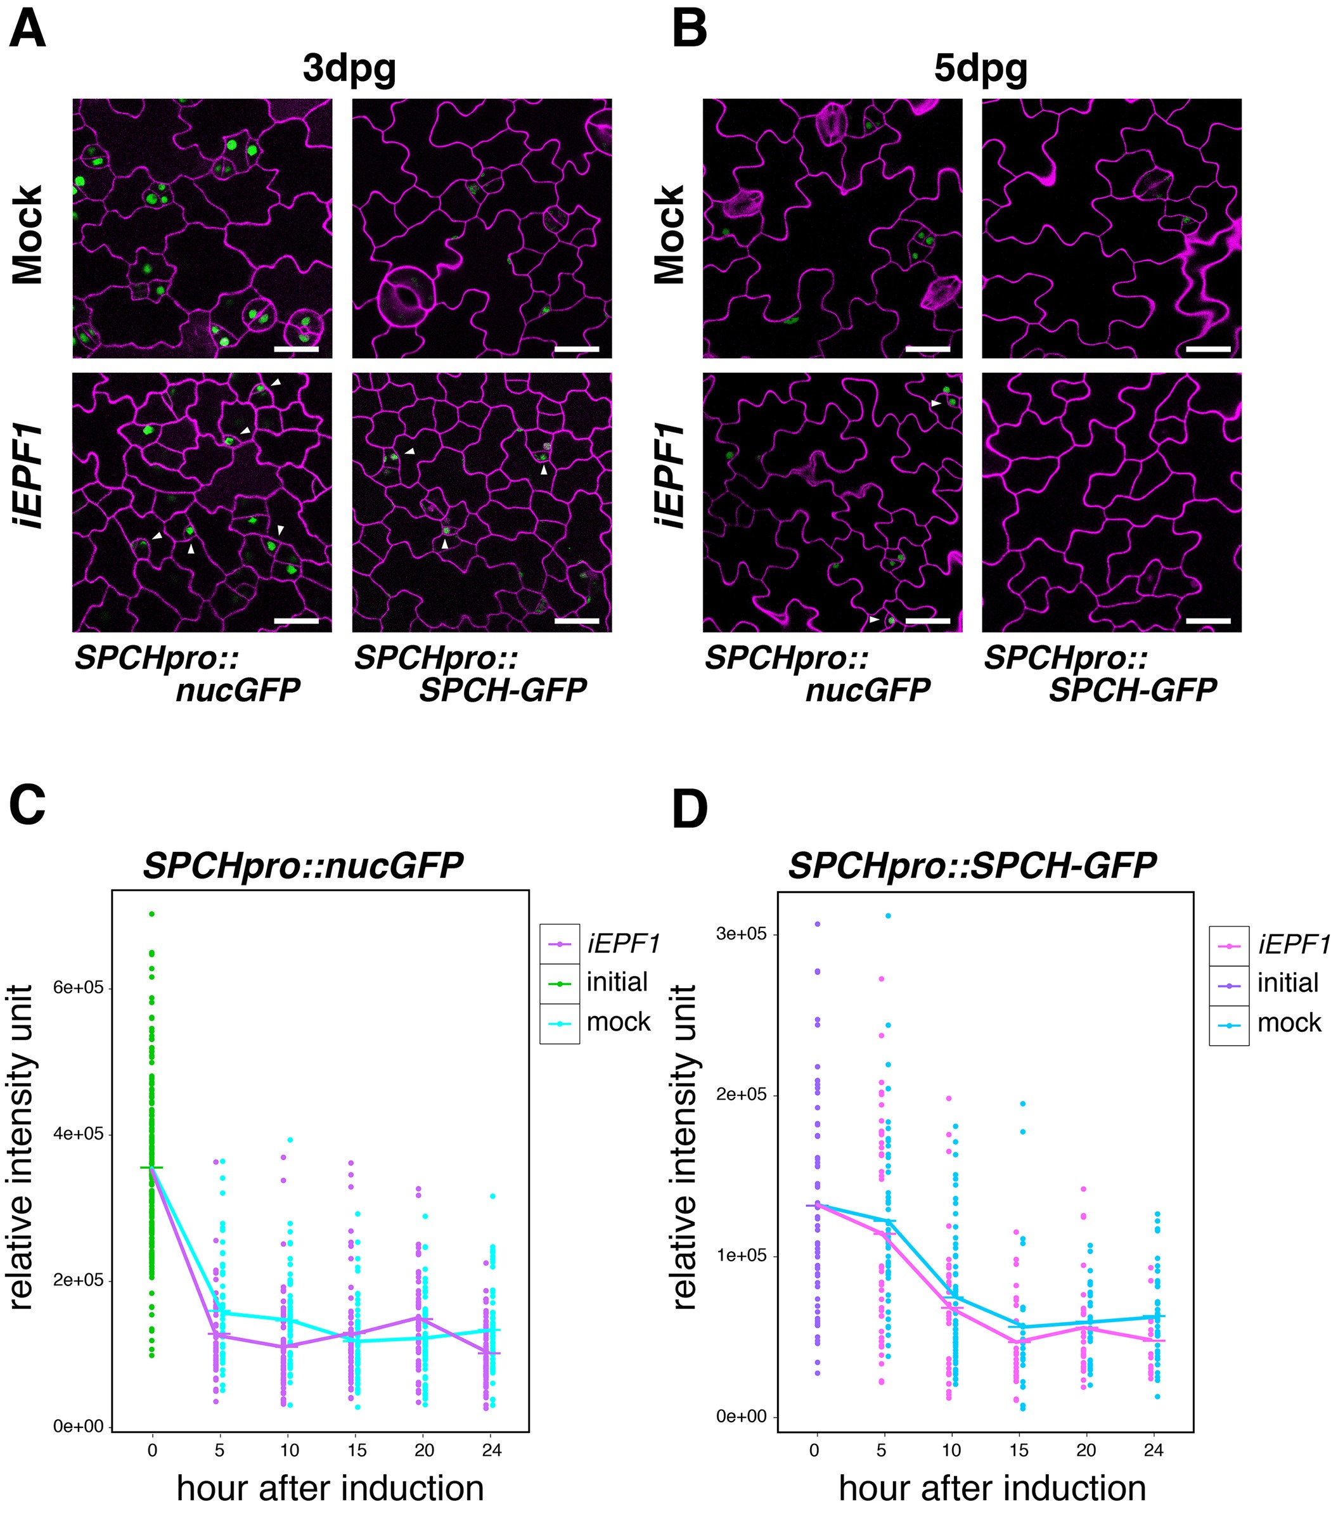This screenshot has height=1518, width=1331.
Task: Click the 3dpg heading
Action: pyautogui.click(x=349, y=69)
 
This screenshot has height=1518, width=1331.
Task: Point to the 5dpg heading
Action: pyautogui.click(x=981, y=69)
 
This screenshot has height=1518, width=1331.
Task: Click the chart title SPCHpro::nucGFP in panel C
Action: pyautogui.click(x=303, y=865)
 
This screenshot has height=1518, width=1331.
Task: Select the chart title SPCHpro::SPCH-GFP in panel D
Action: pyautogui.click(x=972, y=865)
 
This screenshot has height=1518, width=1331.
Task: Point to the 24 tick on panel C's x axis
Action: pyautogui.click(x=491, y=1450)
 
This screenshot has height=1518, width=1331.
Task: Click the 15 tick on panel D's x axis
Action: pyautogui.click(x=1019, y=1450)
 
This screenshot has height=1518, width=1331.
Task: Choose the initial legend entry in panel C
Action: pyautogui.click(x=617, y=982)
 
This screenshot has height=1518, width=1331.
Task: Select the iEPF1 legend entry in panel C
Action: pyautogui.click(x=623, y=944)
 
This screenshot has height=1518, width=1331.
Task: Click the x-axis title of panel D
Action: pyautogui.click(x=993, y=1488)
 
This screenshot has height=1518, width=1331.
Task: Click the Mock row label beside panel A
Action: pyautogui.click(x=29, y=235)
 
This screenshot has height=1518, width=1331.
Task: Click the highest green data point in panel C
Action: pyautogui.click(x=151, y=913)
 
